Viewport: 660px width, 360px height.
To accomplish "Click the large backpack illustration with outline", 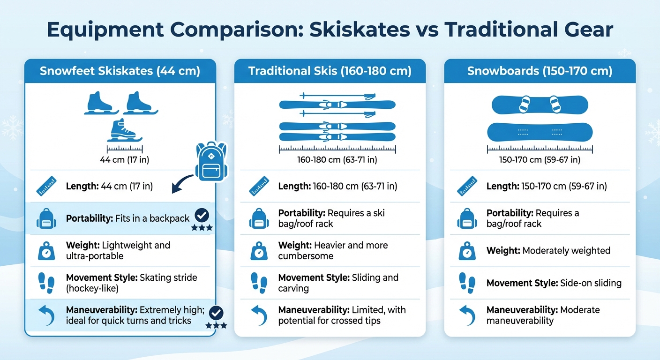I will (210, 161).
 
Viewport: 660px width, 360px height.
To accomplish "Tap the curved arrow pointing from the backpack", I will (182, 184).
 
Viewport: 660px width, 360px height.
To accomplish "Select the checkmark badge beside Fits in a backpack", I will (202, 216).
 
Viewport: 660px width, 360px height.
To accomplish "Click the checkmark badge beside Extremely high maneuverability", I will (216, 313).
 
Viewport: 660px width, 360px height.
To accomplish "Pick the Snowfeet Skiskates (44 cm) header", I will (120, 71).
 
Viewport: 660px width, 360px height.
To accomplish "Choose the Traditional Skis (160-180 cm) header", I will (330, 71).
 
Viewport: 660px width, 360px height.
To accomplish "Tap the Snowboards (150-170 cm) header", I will (540, 71).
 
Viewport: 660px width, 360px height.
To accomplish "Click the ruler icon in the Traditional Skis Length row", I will (259, 186).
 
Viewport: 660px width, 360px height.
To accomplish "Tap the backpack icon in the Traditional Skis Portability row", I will (259, 218).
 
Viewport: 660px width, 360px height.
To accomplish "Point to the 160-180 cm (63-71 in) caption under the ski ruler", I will (337, 160).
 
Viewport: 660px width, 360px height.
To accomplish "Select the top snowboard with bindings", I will (540, 105).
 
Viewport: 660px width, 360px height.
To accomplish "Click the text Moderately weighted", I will (566, 251).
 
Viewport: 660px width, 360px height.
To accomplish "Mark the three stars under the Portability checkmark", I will (202, 228).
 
